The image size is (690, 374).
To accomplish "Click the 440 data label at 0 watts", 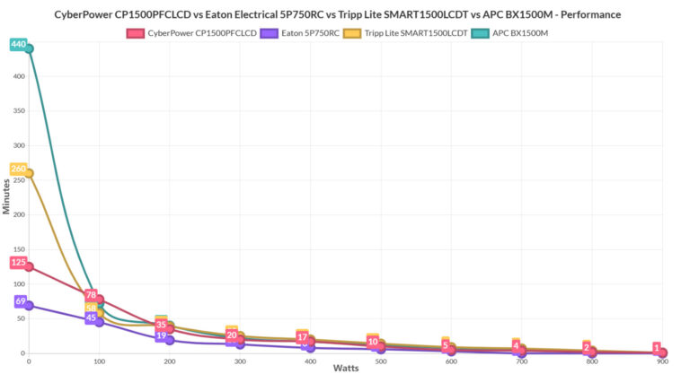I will point(18,44).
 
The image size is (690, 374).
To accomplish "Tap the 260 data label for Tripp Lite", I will point(18,169).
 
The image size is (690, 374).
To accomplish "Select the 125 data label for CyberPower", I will point(18,262).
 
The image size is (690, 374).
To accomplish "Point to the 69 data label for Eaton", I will point(20,301).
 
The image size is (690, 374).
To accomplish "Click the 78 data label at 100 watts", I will point(91,295).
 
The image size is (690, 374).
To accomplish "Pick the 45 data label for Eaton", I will point(91,317).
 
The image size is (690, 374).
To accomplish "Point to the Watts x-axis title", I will point(346,368).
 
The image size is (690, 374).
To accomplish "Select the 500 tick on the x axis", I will point(380,361).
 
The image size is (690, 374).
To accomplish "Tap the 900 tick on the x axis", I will point(661,361).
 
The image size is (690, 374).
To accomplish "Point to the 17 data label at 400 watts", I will point(303,337).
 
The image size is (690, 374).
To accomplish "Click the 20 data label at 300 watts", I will point(232,335).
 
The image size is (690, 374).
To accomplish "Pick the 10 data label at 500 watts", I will point(373,341).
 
